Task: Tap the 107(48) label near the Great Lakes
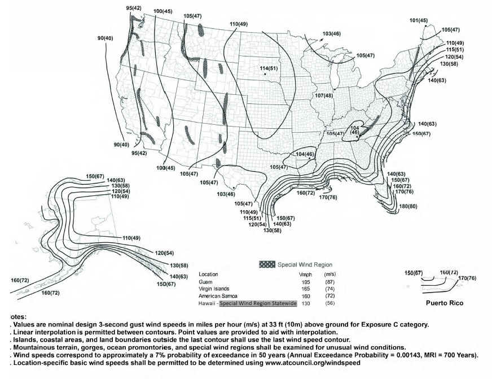point(324,95)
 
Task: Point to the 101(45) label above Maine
point(418,20)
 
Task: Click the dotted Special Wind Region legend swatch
point(270,264)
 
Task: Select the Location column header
point(209,274)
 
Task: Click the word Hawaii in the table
point(207,303)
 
